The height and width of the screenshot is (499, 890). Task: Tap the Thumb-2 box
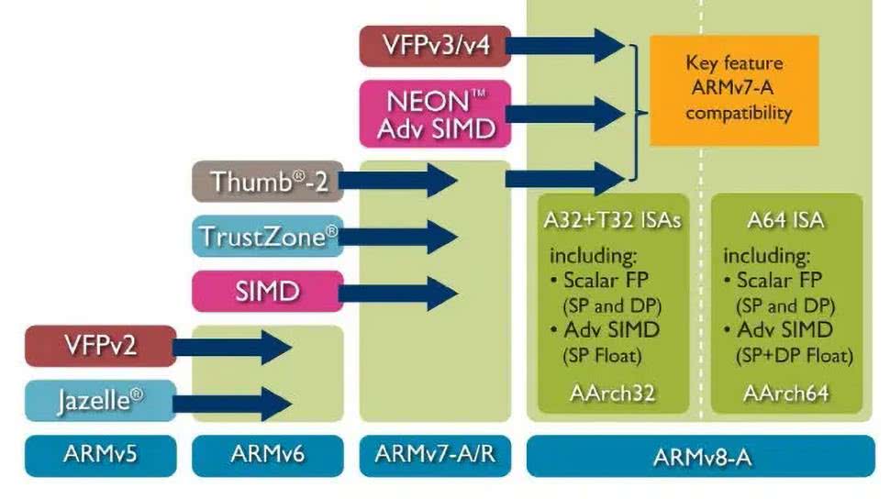261,181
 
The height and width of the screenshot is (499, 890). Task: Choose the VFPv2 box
100,346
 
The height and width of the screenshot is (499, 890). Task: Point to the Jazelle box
100,401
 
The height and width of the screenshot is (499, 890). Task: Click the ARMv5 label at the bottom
100,456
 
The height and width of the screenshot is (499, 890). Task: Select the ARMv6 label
267,456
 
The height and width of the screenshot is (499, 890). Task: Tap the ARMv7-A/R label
434,456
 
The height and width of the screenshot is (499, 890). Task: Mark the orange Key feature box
733,89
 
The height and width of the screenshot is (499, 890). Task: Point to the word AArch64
786,393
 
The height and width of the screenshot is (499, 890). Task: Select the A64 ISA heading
786,221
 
